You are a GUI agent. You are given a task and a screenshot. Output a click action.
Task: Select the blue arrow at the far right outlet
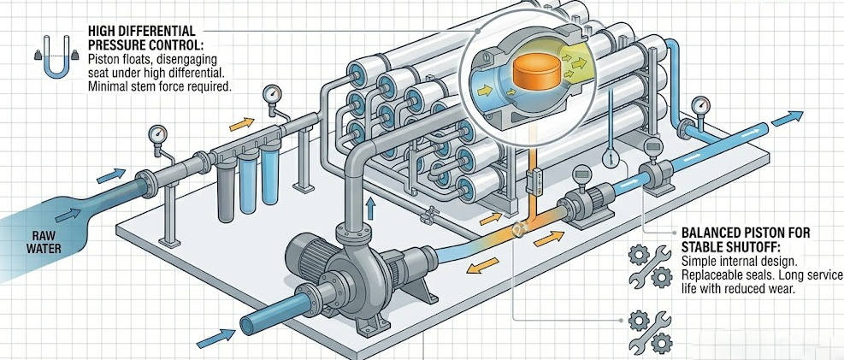(787, 118)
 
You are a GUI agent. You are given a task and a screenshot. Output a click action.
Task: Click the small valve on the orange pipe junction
(519, 229)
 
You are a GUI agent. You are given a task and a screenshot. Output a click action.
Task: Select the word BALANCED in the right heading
(714, 232)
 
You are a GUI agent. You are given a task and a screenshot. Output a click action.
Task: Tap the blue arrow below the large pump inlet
(215, 337)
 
